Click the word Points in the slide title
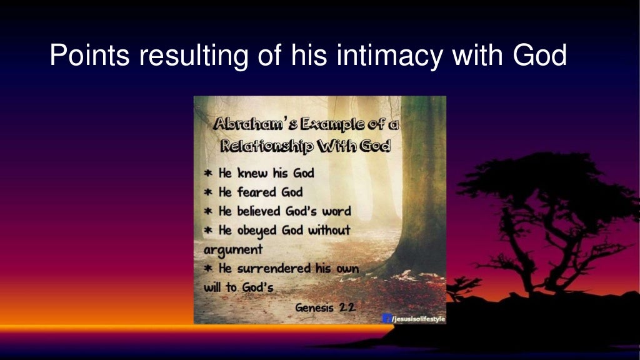click(89, 56)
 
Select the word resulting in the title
click(192, 56)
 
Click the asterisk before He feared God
click(209, 192)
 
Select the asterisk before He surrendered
click(209, 269)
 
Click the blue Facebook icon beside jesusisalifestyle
click(386, 319)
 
